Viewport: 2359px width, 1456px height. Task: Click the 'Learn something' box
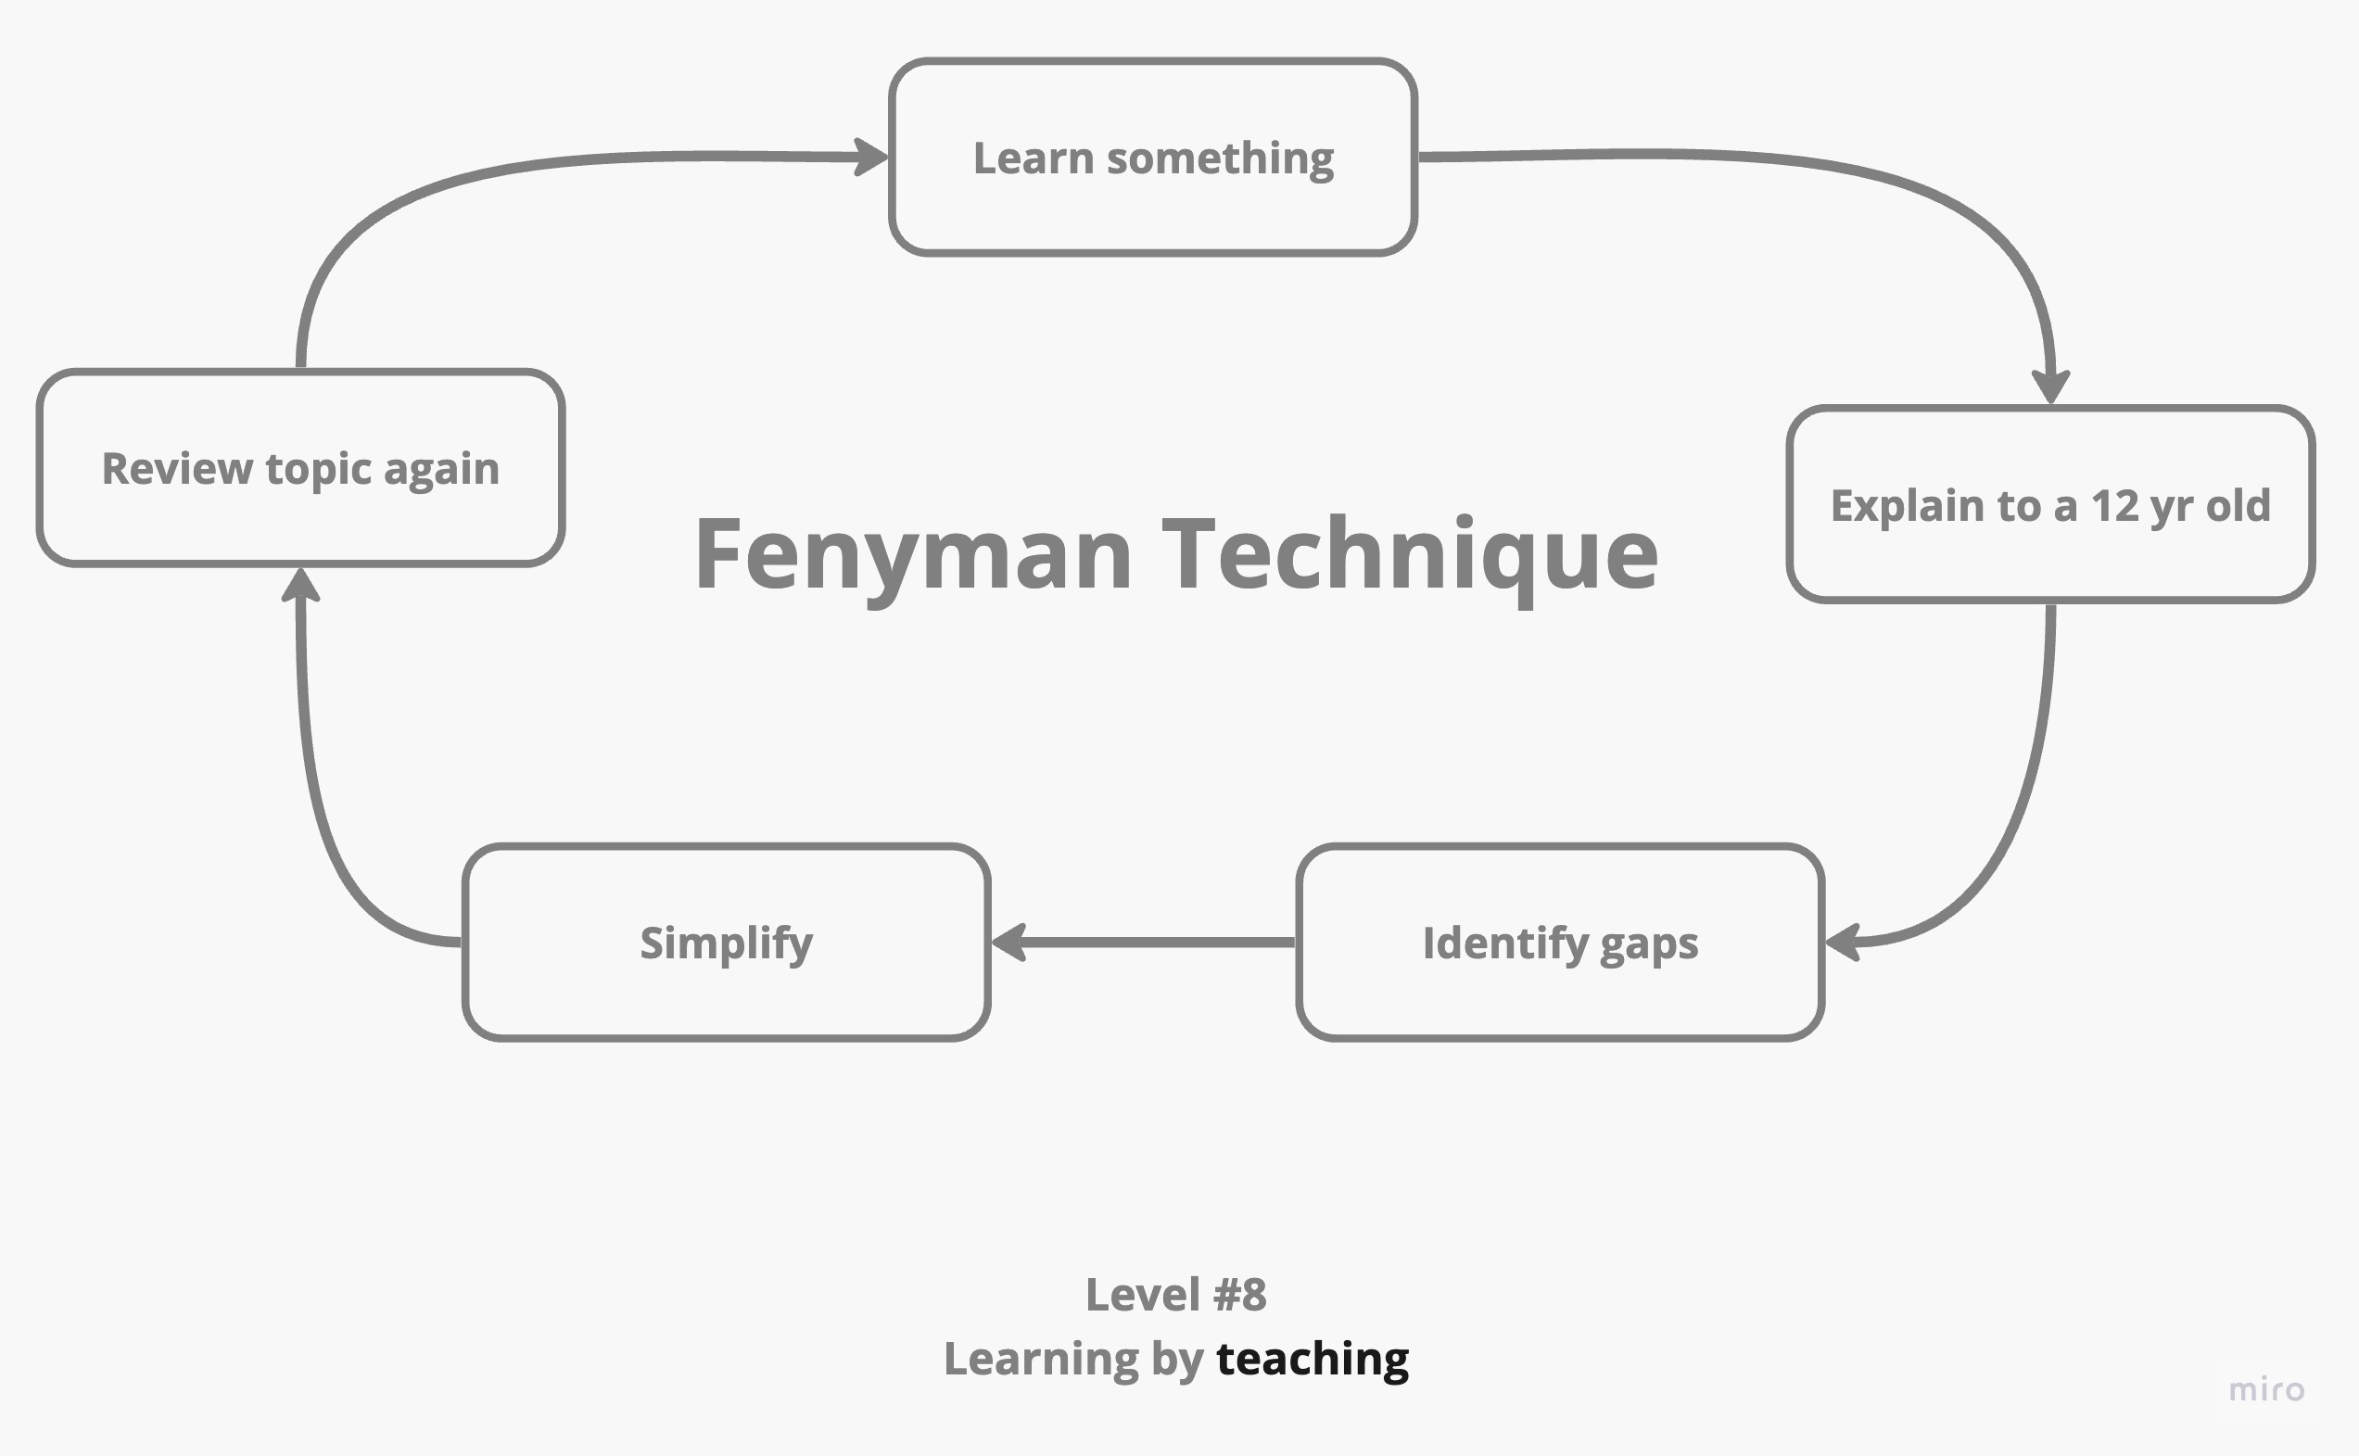pyautogui.click(x=1152, y=157)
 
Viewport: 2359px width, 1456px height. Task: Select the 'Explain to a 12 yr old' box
pyautogui.click(x=2050, y=504)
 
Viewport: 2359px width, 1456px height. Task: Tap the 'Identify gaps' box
pyautogui.click(x=1560, y=943)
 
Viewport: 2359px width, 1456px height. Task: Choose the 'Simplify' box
pyautogui.click(x=726, y=943)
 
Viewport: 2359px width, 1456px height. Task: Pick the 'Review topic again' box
pyautogui.click(x=300, y=468)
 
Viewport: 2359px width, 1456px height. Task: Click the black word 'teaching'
pyautogui.click(x=1313, y=1359)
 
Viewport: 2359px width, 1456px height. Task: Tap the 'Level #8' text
pyautogui.click(x=1175, y=1294)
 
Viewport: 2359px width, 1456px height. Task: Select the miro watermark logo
pyautogui.click(x=2266, y=1389)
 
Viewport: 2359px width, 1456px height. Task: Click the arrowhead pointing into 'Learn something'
pyautogui.click(x=871, y=157)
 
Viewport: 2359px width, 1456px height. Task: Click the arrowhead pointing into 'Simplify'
pyautogui.click(x=1009, y=942)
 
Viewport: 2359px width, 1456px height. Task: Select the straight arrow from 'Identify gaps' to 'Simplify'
pyautogui.click(x=1146, y=942)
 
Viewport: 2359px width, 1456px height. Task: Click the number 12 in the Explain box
pyautogui.click(x=2113, y=504)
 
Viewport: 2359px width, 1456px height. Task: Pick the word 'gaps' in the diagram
pyautogui.click(x=1648, y=943)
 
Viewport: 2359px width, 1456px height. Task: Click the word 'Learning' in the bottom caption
pyautogui.click(x=1041, y=1359)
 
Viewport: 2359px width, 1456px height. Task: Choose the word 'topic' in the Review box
pyautogui.click(x=318, y=469)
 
